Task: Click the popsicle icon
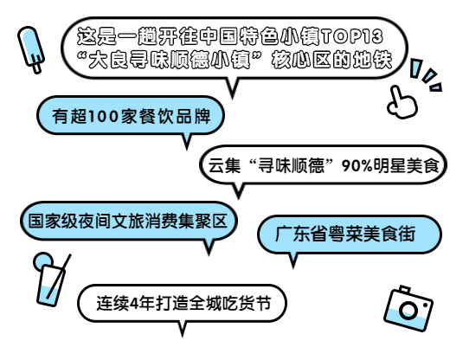tap(31, 49)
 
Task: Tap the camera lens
tap(408, 310)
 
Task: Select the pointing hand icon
tap(402, 103)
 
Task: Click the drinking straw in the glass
tap(59, 276)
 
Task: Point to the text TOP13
tap(352, 36)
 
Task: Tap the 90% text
tap(357, 165)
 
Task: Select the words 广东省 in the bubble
tap(300, 234)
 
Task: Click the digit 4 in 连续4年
tap(134, 304)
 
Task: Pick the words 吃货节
tap(247, 303)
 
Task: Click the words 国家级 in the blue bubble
tap(53, 222)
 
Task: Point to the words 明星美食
tap(406, 165)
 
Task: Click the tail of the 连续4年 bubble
tap(183, 329)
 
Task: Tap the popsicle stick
tap(36, 67)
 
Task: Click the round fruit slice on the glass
tap(42, 261)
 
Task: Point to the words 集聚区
tap(202, 222)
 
